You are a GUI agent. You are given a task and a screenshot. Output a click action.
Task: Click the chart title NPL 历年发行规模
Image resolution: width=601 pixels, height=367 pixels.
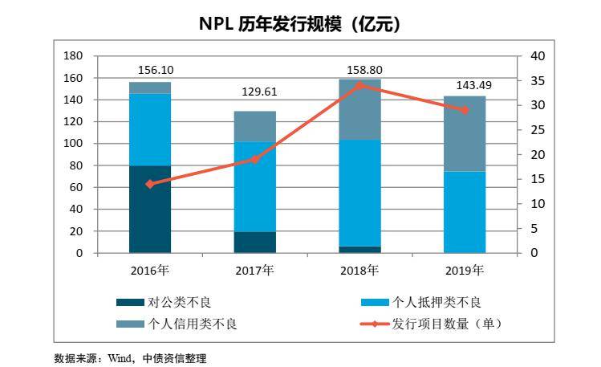pyautogui.click(x=300, y=25)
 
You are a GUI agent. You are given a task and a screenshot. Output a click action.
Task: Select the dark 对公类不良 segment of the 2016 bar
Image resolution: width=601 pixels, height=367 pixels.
pyautogui.click(x=150, y=209)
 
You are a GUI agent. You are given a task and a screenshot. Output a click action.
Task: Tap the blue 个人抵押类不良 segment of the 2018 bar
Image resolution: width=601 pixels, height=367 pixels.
pyautogui.click(x=359, y=193)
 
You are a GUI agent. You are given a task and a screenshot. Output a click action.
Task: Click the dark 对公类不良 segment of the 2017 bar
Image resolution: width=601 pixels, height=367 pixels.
pyautogui.click(x=254, y=243)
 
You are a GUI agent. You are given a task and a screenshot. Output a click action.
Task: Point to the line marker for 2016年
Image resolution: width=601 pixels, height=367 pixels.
pyautogui.click(x=150, y=184)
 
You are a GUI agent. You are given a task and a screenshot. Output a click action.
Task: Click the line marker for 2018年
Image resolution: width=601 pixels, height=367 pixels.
pyautogui.click(x=359, y=84)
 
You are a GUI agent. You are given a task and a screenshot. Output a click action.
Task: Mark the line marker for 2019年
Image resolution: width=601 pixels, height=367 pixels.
pyautogui.click(x=465, y=109)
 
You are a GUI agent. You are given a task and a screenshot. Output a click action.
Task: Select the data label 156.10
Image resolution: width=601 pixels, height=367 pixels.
pyautogui.click(x=150, y=70)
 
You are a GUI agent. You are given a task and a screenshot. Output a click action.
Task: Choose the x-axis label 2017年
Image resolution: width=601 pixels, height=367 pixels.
pyautogui.click(x=254, y=270)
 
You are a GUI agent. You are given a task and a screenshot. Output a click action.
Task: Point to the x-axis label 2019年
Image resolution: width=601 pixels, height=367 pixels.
pyautogui.click(x=465, y=270)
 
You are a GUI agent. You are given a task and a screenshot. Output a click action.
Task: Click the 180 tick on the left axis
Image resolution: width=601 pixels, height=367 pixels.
pyautogui.click(x=74, y=55)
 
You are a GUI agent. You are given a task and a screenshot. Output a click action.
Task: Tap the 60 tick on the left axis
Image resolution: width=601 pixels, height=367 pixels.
pyautogui.click(x=77, y=187)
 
